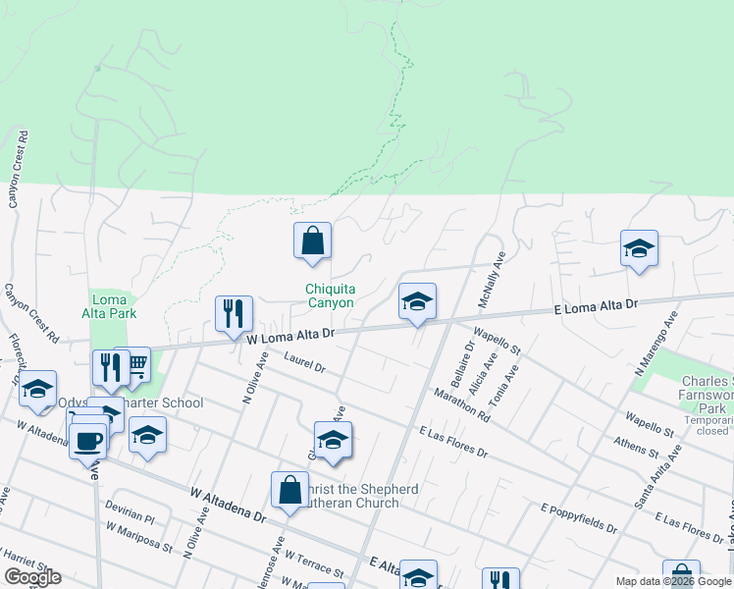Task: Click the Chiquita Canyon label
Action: click(x=330, y=295)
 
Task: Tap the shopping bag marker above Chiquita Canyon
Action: click(x=312, y=241)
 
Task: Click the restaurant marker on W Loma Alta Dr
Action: click(x=234, y=315)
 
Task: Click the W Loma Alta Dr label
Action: click(x=290, y=336)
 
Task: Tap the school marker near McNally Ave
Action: click(x=417, y=302)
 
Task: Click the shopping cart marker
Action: click(x=132, y=365)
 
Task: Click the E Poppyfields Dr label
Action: click(x=579, y=520)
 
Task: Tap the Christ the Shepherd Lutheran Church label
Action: click(x=348, y=496)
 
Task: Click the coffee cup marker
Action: click(x=88, y=441)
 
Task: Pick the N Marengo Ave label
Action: click(x=656, y=346)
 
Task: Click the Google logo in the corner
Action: click(x=32, y=577)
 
